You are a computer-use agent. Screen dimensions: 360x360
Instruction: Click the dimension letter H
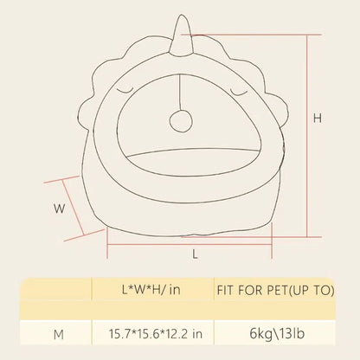318,119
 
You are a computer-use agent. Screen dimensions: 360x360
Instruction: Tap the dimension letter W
60,209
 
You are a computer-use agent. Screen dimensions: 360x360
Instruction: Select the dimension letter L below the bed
196,254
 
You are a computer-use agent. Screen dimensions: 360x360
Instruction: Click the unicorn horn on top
182,35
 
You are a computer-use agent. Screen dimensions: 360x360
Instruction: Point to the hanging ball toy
180,121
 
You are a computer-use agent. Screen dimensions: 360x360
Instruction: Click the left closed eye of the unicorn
125,92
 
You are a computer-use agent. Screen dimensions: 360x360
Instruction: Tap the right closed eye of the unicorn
239,92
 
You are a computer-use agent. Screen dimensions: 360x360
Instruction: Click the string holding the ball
180,93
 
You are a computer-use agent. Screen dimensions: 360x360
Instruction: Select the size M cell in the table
59,335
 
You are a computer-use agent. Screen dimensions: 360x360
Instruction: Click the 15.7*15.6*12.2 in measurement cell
156,334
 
